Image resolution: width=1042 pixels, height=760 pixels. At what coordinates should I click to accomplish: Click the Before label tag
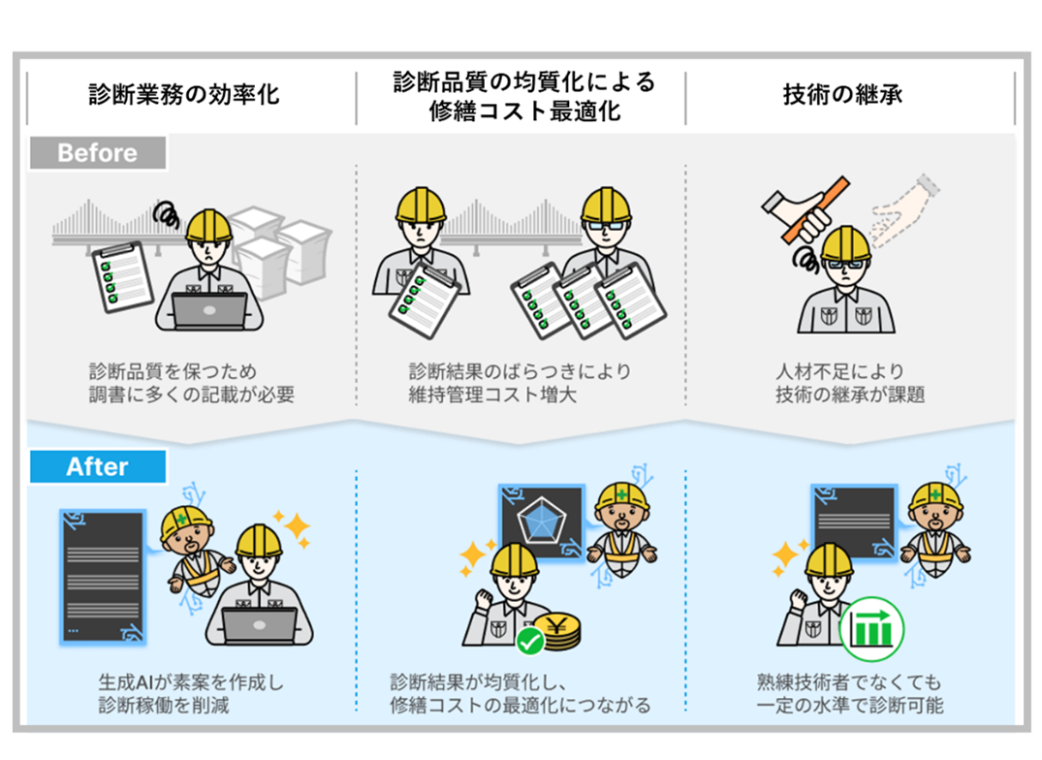tap(97, 153)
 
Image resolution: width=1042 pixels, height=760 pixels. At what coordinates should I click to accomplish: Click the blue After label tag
tap(97, 466)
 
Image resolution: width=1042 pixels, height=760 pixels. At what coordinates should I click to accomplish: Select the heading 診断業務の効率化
tap(184, 95)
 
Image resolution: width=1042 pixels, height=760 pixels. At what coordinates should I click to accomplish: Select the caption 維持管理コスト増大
tap(493, 395)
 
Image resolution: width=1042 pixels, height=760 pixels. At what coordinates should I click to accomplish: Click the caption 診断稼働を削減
tap(164, 705)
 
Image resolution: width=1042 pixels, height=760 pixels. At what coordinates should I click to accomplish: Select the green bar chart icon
tap(871, 628)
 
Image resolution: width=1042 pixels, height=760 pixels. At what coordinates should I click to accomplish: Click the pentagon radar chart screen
tap(540, 522)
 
